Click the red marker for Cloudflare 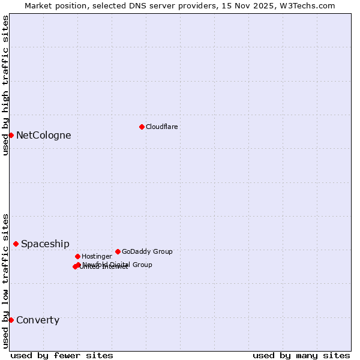click(x=142, y=127)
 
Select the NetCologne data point click(x=11, y=135)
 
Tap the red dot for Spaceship click(x=16, y=244)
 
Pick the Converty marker click(x=11, y=320)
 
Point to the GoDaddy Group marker click(x=118, y=251)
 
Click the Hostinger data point click(x=77, y=256)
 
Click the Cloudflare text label click(x=162, y=127)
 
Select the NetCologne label click(x=43, y=135)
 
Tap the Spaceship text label click(x=45, y=244)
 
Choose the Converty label click(x=38, y=320)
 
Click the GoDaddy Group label click(x=147, y=251)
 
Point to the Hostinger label click(x=97, y=256)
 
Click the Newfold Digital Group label click(x=118, y=264)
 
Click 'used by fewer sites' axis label click(x=62, y=355)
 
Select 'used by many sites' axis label click(x=301, y=355)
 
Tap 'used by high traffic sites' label click(x=5, y=86)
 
